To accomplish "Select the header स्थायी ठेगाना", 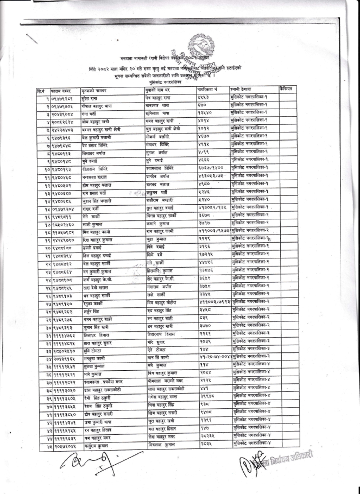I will (243, 87).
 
